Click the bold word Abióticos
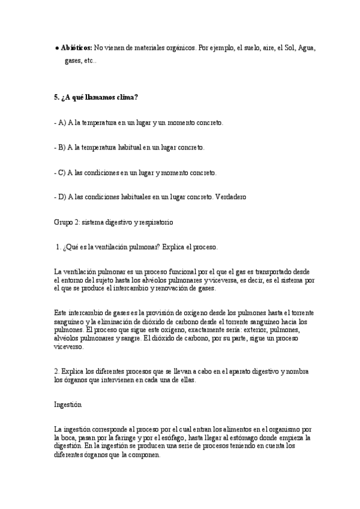coord(76,47)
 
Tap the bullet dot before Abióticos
coord(56,47)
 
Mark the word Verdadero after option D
coord(228,197)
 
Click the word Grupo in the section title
coord(64,222)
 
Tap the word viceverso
coord(69,347)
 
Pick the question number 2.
coord(56,372)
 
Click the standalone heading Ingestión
coord(67,405)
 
